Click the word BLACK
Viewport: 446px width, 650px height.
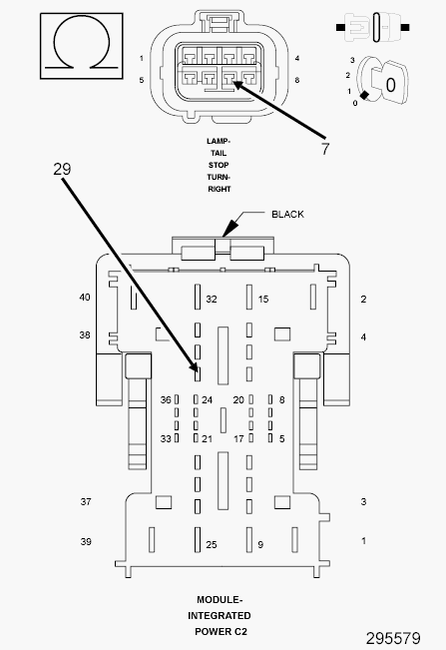pos(287,215)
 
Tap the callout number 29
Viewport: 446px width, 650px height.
pos(62,169)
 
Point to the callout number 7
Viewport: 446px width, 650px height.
pos(325,149)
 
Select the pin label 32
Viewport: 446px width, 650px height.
pos(212,299)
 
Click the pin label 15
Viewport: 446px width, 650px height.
pos(263,299)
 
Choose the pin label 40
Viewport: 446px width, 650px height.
pos(85,298)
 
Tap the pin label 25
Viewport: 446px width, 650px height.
pos(212,545)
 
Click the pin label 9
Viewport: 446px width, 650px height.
pos(260,545)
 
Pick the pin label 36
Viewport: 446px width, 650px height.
pos(166,400)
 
